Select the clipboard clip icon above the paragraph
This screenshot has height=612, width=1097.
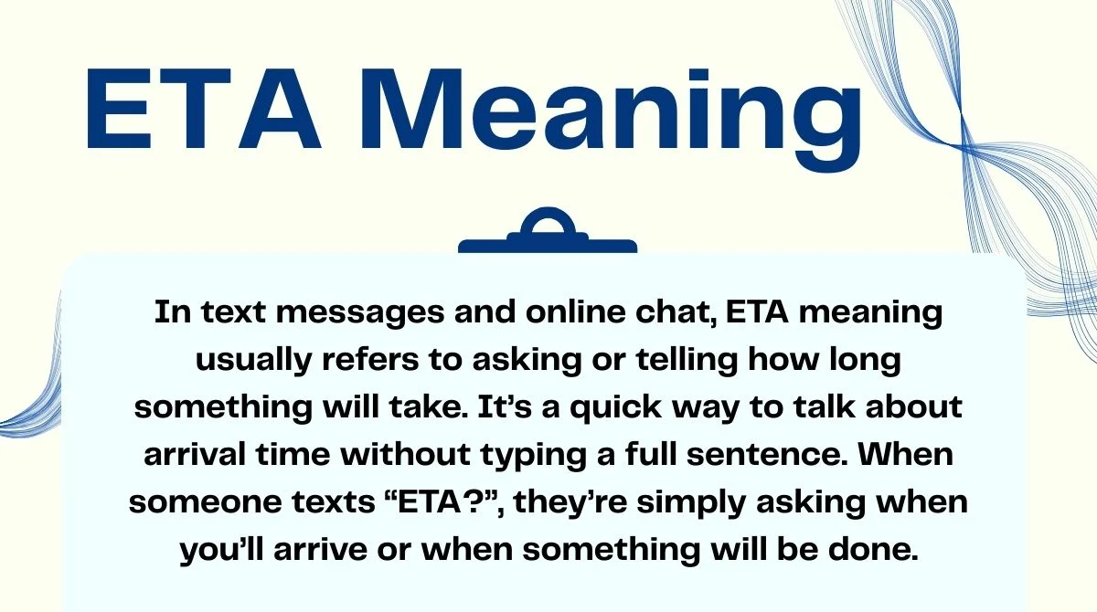(547, 234)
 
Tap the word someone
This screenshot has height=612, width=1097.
(207, 503)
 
